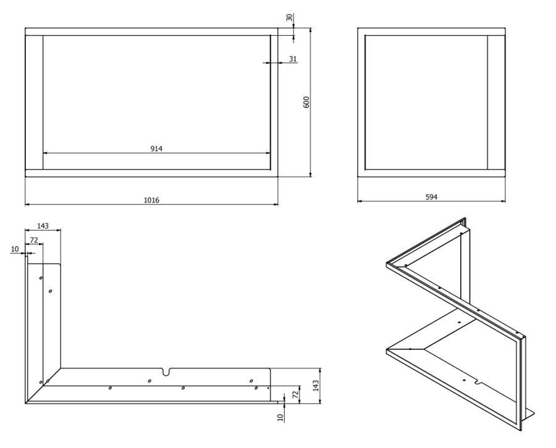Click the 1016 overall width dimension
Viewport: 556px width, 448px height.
151,200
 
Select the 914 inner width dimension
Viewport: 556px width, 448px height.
156,149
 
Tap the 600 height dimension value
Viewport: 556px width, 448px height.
306,102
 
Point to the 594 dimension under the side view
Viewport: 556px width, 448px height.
431,197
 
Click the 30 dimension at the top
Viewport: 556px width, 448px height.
289,17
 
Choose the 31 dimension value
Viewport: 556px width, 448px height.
293,59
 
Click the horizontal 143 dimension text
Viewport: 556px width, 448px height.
43,226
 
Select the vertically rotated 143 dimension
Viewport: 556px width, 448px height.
316,386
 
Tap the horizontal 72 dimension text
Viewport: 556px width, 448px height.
34,240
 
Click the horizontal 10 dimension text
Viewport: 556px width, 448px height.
15,249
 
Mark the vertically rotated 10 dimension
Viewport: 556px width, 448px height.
280,418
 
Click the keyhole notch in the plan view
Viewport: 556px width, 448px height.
166,371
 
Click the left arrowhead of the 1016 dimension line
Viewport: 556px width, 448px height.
27,204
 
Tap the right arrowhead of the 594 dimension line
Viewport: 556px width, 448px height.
503,201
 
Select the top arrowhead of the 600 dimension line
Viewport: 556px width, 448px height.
311,30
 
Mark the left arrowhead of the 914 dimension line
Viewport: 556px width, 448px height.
45,153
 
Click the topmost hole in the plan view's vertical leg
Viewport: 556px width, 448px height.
41,278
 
